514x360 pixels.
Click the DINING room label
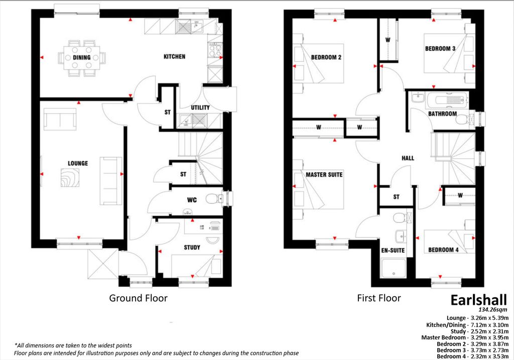click(81, 57)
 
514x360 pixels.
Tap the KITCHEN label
click(174, 57)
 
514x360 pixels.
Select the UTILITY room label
click(200, 108)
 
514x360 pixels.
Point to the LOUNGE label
click(78, 164)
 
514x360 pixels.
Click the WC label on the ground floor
click(192, 200)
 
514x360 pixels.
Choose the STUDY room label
click(192, 248)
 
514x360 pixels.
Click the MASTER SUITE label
click(324, 175)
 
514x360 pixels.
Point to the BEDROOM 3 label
click(440, 49)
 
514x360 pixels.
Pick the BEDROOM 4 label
click(443, 250)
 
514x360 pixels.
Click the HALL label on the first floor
click(408, 158)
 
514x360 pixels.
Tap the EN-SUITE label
click(393, 250)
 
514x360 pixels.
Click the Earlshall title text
click(475, 300)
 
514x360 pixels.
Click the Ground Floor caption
click(138, 298)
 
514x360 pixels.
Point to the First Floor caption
click(378, 298)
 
